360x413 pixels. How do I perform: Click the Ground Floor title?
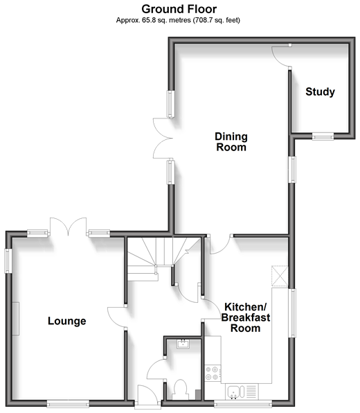[x=179, y=9]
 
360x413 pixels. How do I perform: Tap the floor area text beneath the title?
[x=178, y=20]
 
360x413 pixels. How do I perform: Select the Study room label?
[x=320, y=91]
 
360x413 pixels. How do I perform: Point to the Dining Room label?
[x=231, y=141]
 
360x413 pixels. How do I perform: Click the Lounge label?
[x=67, y=321]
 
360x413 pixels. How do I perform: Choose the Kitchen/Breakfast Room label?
[x=246, y=317]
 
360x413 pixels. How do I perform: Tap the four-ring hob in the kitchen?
[x=213, y=373]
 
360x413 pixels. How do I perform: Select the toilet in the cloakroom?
[x=180, y=389]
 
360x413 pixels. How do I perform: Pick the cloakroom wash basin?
[x=183, y=344]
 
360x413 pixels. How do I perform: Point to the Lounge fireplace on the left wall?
[x=15, y=319]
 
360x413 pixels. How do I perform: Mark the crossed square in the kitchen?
[x=280, y=276]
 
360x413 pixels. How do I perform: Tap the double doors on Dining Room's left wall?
[x=163, y=139]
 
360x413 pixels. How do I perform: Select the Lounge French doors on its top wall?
[x=68, y=226]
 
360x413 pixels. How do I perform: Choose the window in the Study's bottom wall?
[x=323, y=137]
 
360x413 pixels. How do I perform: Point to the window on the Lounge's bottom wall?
[x=68, y=403]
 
